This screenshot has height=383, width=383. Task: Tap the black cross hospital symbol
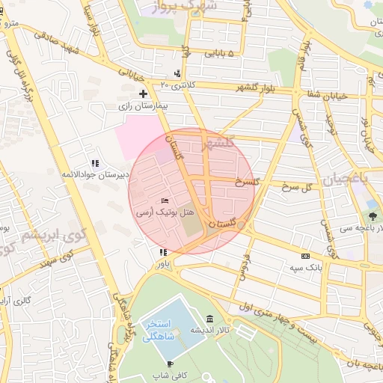click(x=143, y=94)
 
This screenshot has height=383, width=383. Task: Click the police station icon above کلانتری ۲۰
click(x=177, y=73)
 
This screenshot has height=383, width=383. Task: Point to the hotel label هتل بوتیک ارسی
click(x=165, y=213)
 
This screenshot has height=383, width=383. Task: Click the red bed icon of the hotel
click(x=165, y=201)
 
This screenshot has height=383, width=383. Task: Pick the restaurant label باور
click(x=163, y=264)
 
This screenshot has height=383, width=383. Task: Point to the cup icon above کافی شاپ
click(x=170, y=364)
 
